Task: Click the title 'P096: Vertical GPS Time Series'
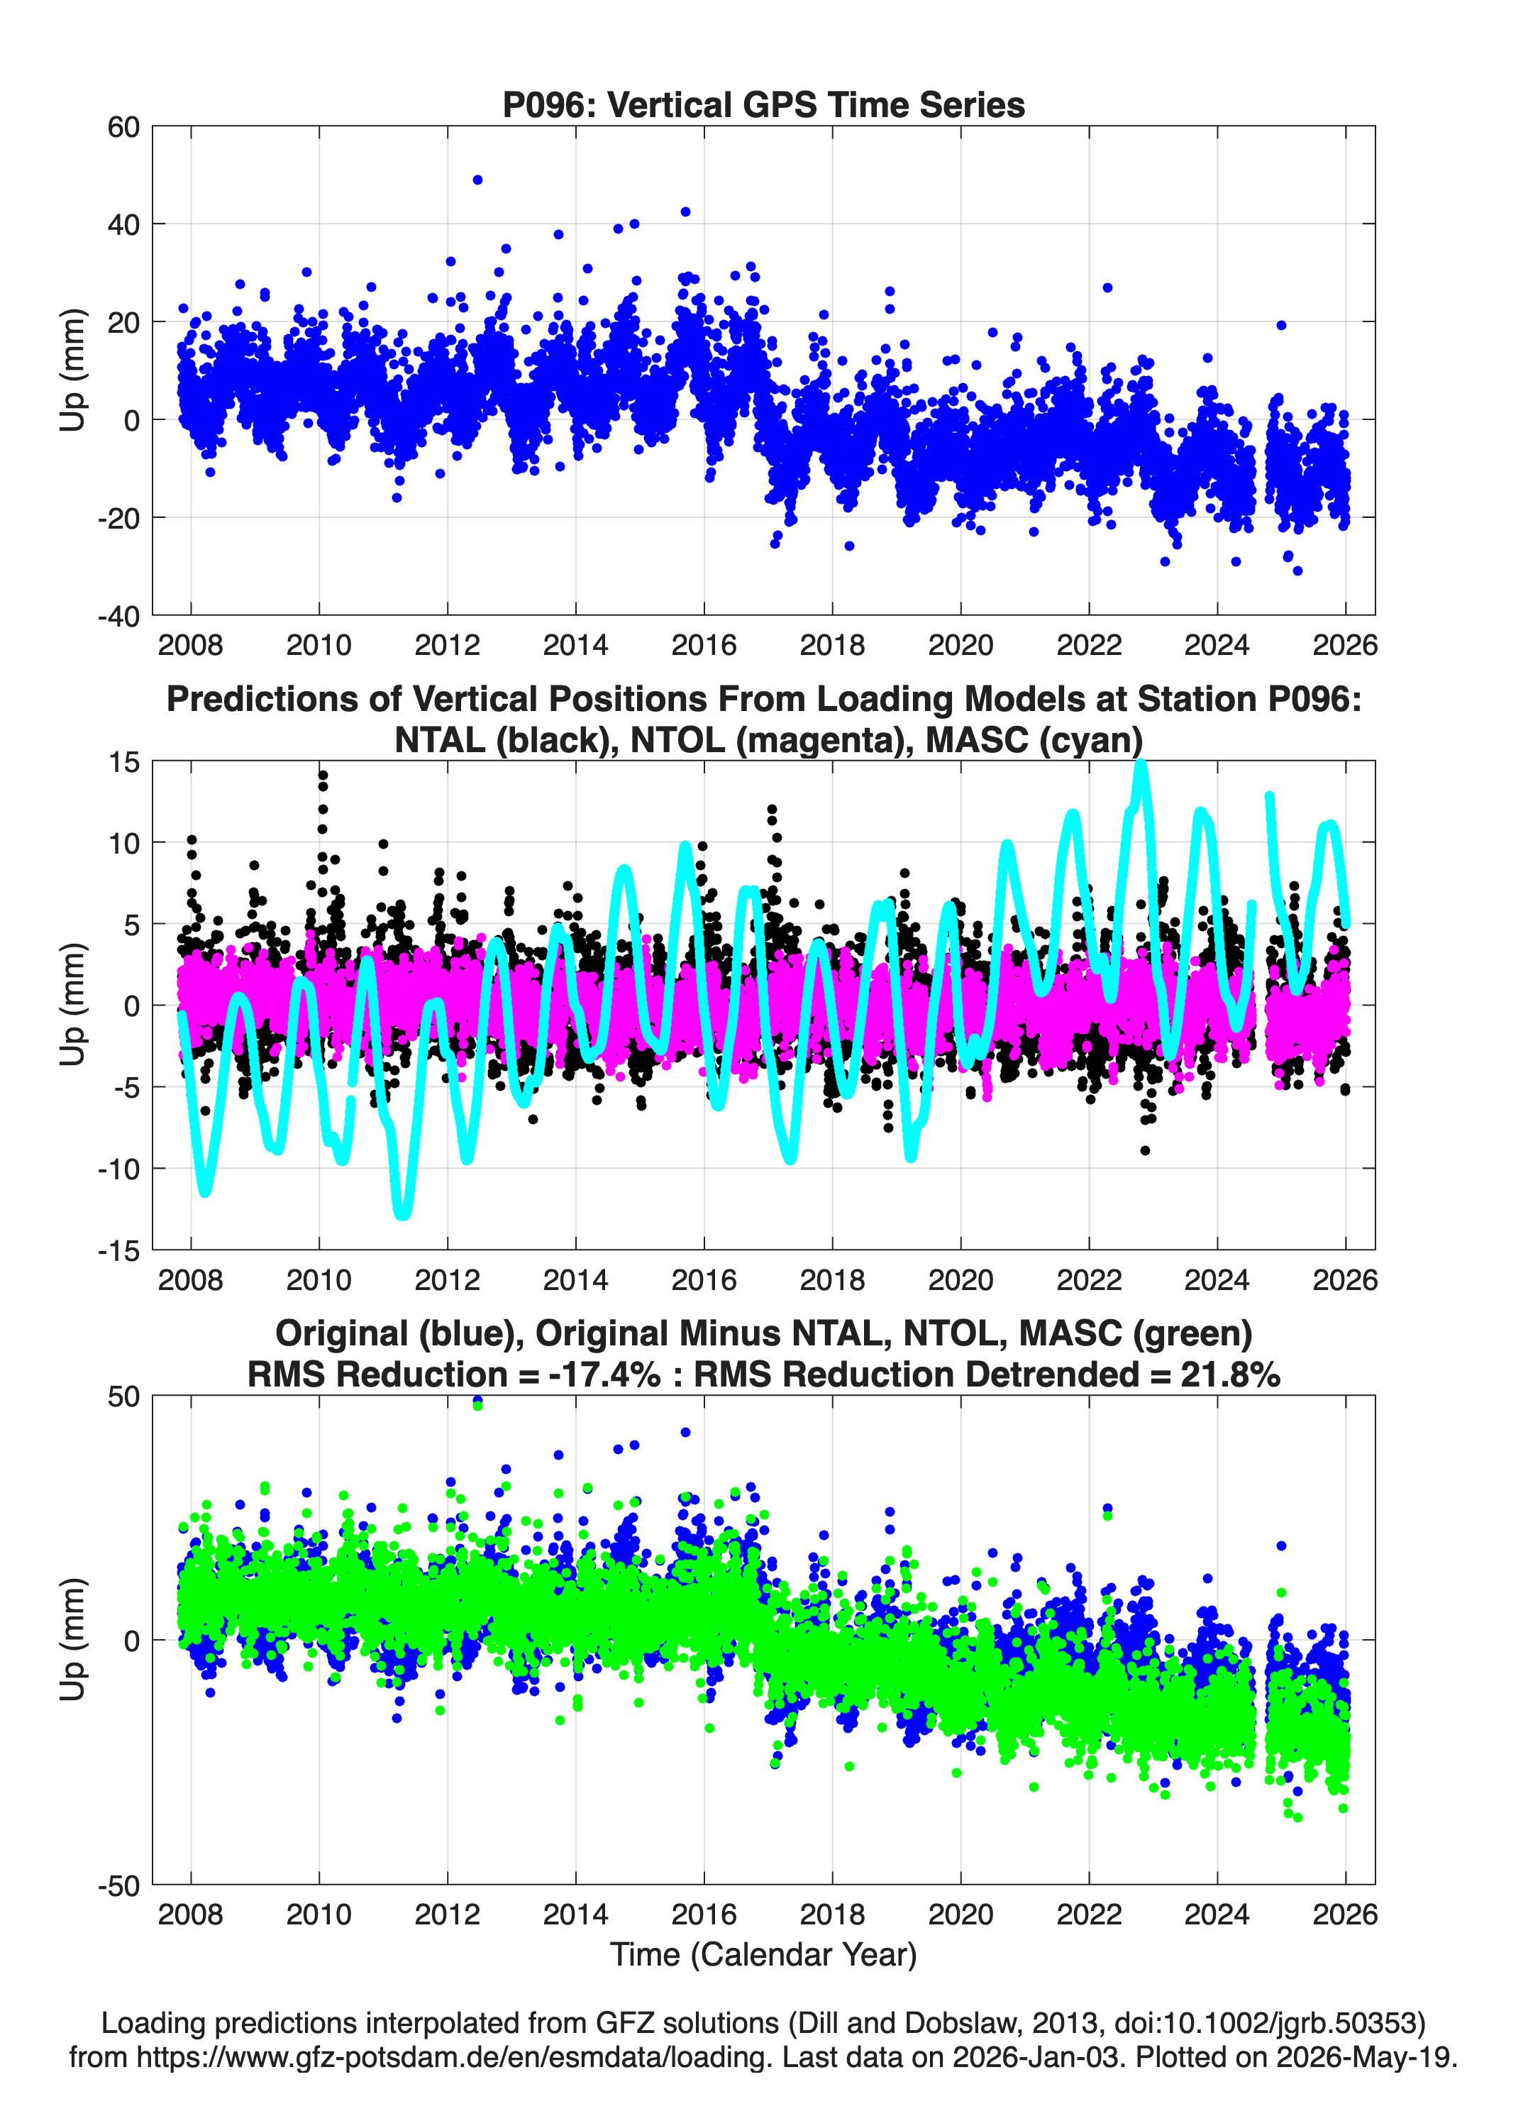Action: [x=763, y=104]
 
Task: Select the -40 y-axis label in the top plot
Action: [x=118, y=616]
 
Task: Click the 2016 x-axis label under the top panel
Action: [x=704, y=645]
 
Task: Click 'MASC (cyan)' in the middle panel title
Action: [x=1034, y=740]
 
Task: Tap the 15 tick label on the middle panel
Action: [x=124, y=762]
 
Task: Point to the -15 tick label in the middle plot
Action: [x=118, y=1251]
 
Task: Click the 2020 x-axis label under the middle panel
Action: [x=960, y=1280]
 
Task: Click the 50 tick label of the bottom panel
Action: [x=123, y=1396]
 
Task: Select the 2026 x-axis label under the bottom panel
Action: [x=1345, y=1914]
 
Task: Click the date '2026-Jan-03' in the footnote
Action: [x=1036, y=2056]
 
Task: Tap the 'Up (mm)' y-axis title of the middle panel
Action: [x=73, y=1005]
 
